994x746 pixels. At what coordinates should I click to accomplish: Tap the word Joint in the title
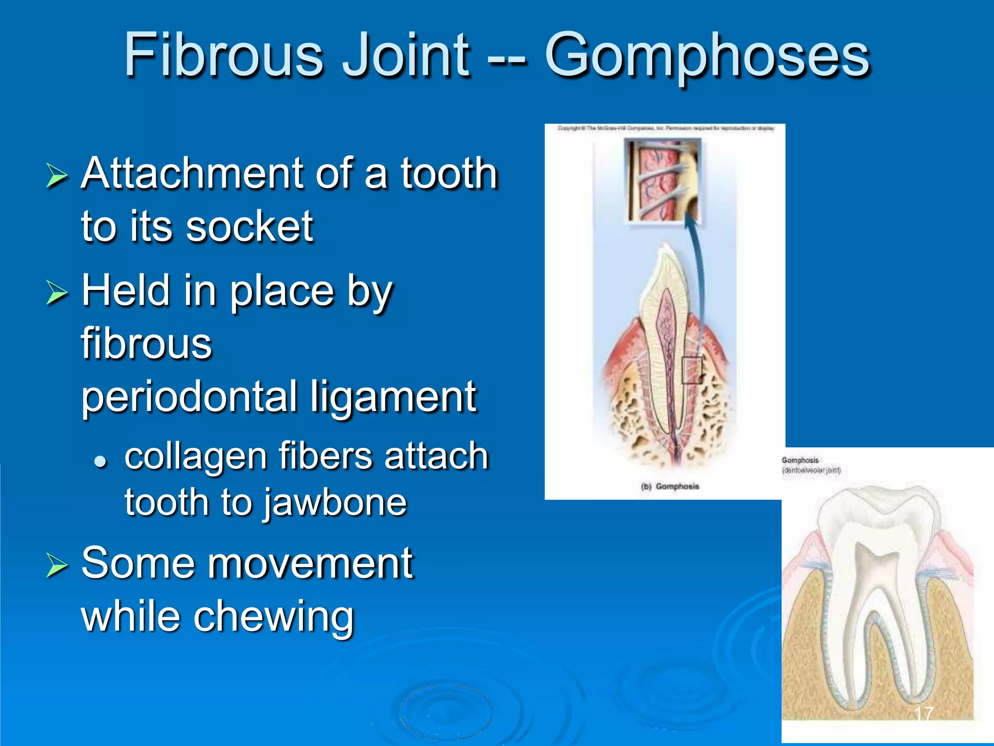[x=406, y=54]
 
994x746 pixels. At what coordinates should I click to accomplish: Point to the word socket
[x=249, y=226]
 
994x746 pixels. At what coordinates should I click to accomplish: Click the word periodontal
[x=189, y=397]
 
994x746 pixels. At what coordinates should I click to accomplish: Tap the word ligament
[x=393, y=397]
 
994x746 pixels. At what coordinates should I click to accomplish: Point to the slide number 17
[x=923, y=714]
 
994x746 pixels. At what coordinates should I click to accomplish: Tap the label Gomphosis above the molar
[x=800, y=460]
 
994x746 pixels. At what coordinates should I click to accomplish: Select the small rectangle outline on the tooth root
[x=692, y=370]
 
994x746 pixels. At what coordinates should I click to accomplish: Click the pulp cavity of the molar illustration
[x=877, y=573]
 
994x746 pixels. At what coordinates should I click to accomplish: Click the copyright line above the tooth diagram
[x=665, y=128]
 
